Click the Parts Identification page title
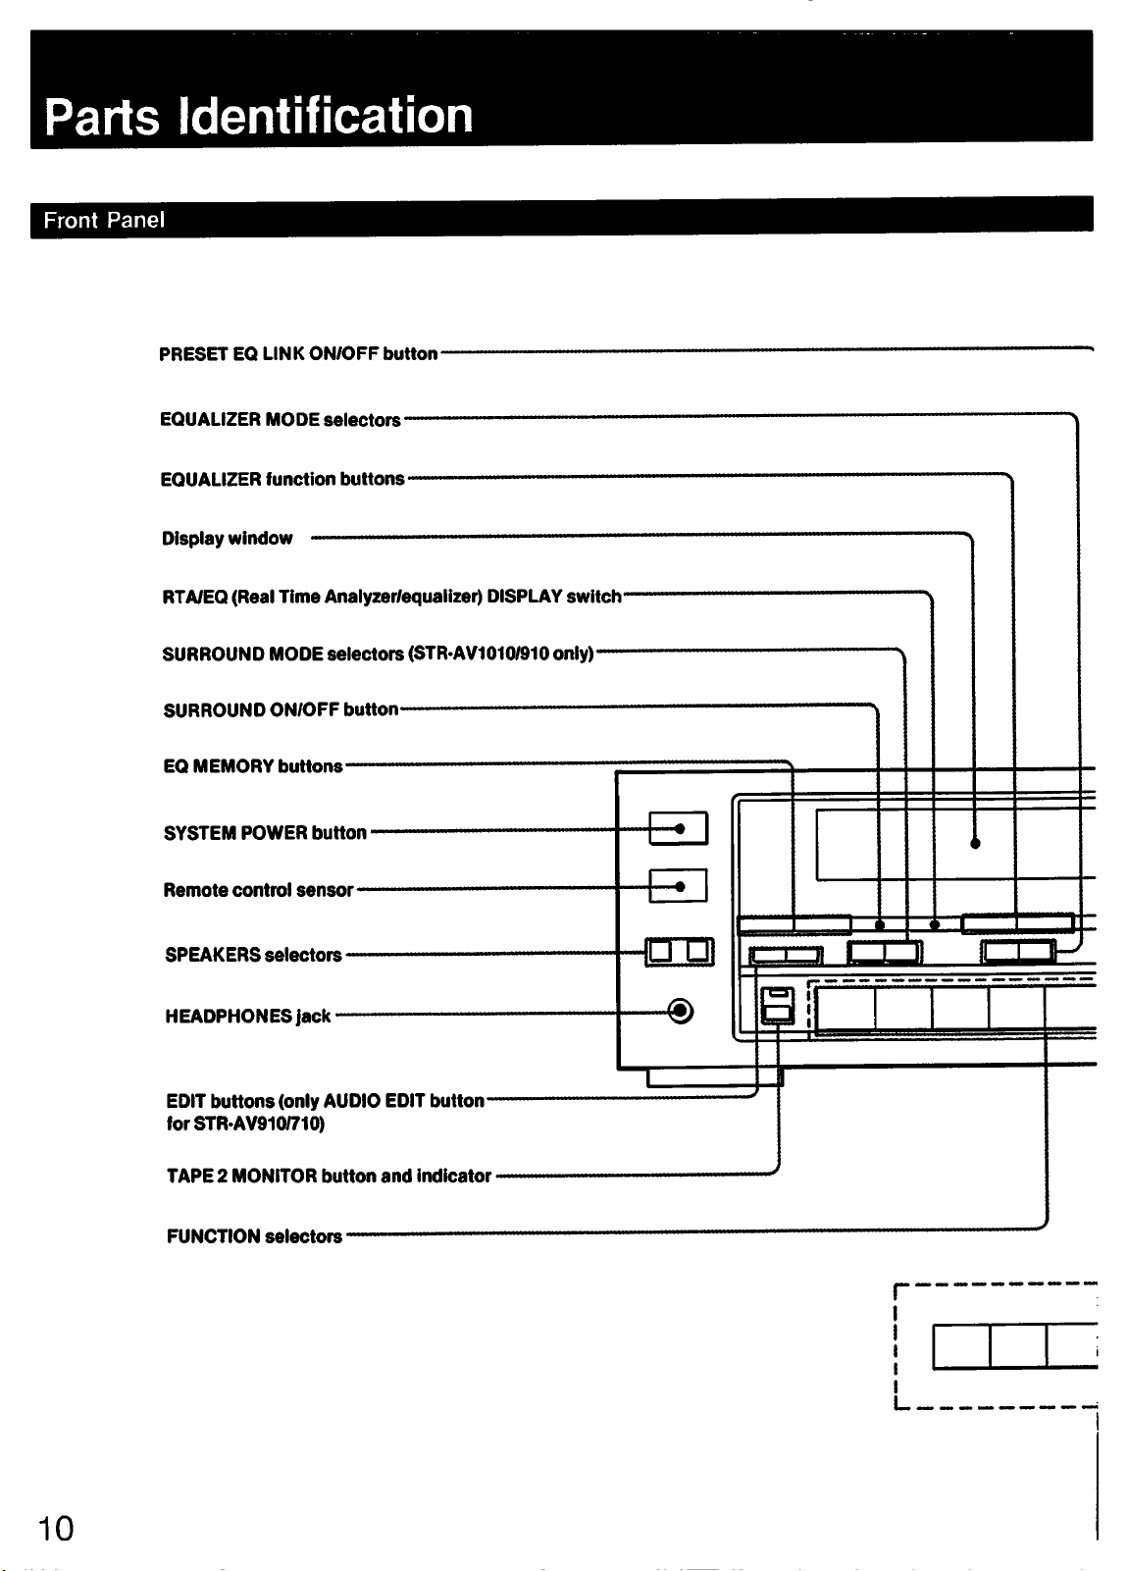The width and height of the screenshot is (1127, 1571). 259,117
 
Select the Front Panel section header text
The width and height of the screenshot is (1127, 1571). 104,220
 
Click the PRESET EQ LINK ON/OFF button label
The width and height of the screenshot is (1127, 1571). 298,353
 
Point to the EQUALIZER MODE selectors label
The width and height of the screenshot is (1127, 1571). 281,419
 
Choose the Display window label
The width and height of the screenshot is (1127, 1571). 228,539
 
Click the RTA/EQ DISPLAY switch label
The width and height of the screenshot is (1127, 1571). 391,597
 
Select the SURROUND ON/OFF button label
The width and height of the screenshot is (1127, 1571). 281,709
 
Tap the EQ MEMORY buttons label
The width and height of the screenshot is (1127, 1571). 253,765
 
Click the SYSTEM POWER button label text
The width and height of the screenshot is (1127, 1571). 265,832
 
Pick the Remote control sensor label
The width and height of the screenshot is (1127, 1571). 258,890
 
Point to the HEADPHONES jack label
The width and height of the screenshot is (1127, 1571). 247,1017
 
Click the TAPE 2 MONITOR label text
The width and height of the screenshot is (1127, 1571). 329,1176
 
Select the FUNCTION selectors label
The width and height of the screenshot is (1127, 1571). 254,1235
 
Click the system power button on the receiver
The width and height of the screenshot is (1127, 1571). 678,828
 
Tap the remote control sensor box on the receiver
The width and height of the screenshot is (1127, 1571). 678,886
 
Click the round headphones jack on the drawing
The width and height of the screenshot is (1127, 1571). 680,1012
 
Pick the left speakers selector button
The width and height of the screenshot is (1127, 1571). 660,951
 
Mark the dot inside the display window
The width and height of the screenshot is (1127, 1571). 975,843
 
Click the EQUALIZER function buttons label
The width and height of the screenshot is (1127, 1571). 282,479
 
